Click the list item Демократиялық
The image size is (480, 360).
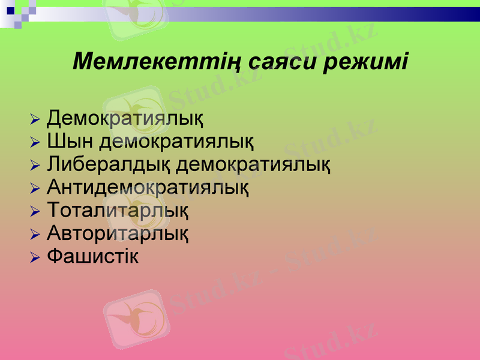coord(125,118)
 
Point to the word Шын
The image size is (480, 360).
coord(69,142)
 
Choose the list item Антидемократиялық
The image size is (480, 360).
coord(148,188)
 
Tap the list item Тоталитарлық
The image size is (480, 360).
coord(118,211)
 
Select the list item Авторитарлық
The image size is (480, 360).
coord(118,233)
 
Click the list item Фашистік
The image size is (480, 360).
coord(93,256)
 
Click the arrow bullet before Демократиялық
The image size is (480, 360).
coord(35,119)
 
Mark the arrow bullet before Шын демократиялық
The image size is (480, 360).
coord(35,143)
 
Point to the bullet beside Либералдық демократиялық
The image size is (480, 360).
coord(35,166)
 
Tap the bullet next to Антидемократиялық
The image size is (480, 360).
coord(35,189)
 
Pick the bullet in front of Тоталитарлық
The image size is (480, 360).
coord(35,212)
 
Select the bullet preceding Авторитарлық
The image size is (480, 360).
coord(35,235)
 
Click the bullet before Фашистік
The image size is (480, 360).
coord(35,258)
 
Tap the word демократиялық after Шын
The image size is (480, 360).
coord(176,142)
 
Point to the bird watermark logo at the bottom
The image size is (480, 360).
coord(136,318)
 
